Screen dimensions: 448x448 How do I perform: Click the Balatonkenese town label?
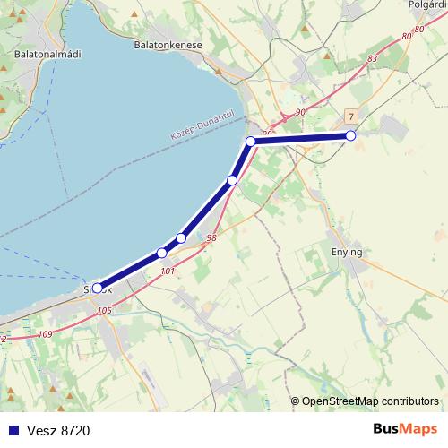click(167, 44)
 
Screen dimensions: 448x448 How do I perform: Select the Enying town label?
click(346, 252)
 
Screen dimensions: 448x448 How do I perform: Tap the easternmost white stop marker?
click(350, 135)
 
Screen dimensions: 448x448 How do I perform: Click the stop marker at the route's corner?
click(251, 142)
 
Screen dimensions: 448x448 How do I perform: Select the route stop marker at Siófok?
click(98, 289)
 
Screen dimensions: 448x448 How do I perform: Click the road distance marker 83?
click(373, 58)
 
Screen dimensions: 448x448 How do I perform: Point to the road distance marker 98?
click(211, 238)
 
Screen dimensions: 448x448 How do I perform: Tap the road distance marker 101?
click(166, 269)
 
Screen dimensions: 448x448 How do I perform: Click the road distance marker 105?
click(104, 311)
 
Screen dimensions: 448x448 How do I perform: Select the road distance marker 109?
click(47, 334)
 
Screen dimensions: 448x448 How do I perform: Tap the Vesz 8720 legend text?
click(58, 430)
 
